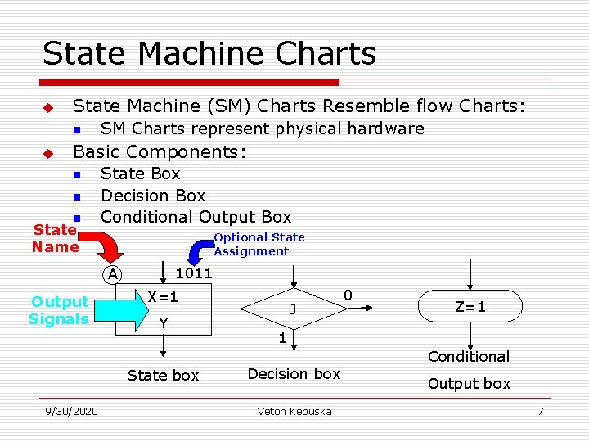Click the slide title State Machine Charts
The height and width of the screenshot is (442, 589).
209,54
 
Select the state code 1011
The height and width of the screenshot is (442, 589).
194,273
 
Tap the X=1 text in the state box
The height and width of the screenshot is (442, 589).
163,297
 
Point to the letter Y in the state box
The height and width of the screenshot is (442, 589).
163,322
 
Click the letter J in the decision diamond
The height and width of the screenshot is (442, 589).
292,309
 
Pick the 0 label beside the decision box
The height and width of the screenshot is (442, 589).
348,295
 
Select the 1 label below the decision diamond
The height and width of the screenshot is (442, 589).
281,338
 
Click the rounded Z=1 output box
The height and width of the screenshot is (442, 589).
470,307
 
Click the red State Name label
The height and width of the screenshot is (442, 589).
55,239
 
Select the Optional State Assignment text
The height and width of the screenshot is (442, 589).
259,244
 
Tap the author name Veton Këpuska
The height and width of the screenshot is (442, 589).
294,411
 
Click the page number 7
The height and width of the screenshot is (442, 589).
540,411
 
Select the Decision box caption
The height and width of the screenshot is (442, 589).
294,374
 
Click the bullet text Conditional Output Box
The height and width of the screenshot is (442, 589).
196,217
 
